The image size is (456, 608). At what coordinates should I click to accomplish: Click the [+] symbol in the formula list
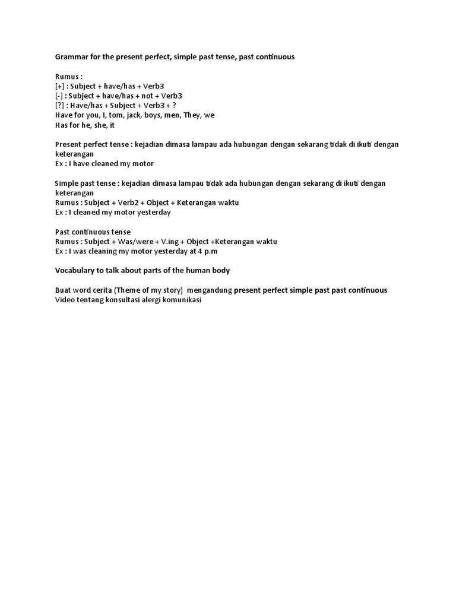pyautogui.click(x=60, y=85)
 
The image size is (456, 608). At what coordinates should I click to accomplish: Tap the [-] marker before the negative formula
pyautogui.click(x=59, y=95)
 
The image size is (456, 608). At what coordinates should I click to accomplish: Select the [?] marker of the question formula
pyautogui.click(x=60, y=105)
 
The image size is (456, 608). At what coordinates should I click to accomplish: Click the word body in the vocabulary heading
pyautogui.click(x=220, y=270)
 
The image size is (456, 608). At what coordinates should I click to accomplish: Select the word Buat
pyautogui.click(x=63, y=290)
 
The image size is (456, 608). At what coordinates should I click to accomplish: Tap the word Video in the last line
pyautogui.click(x=65, y=299)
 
